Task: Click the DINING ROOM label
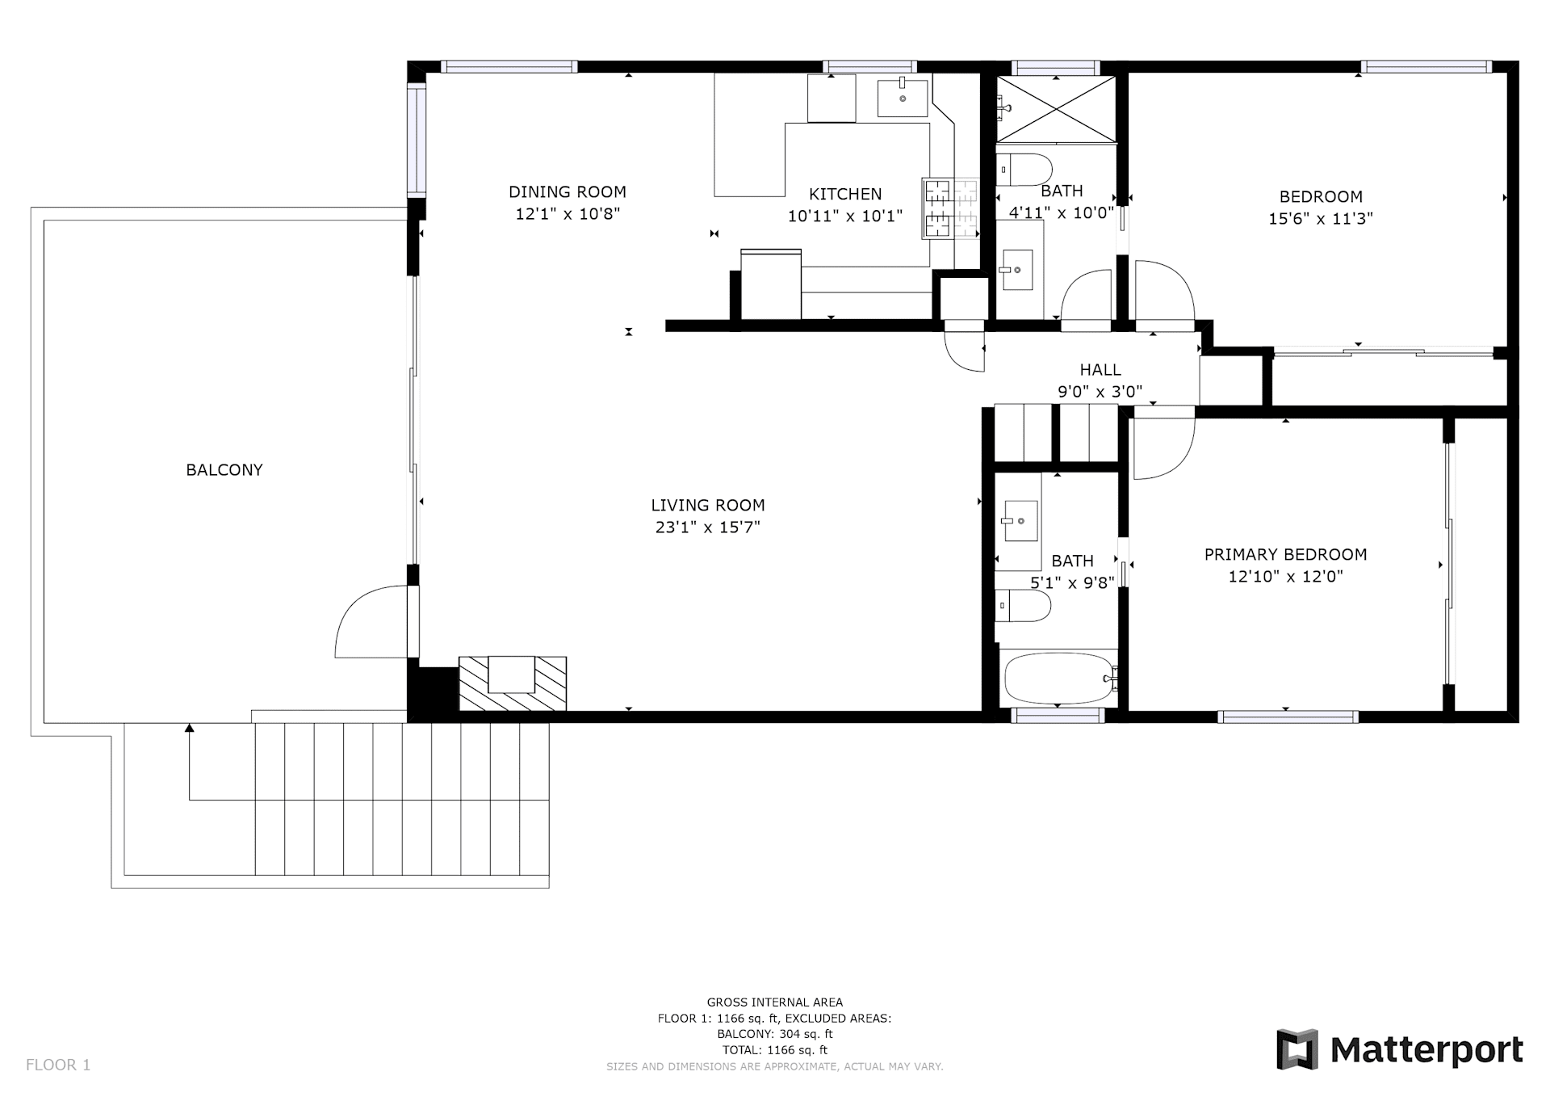coord(568,192)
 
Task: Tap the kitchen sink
coord(903,98)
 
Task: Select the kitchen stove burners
coord(950,209)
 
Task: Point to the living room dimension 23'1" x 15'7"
coord(708,527)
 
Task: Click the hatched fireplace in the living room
coord(513,683)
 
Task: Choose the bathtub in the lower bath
coord(1058,679)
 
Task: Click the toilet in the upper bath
coord(1024,170)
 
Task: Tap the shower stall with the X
coord(1056,109)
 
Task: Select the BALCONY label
coord(224,470)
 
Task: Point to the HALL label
coord(1100,370)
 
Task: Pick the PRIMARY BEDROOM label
coord(1285,555)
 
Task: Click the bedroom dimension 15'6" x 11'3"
coord(1321,219)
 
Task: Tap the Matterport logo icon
coord(1297,1049)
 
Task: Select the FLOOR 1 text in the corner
coord(58,1065)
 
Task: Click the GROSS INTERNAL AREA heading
coord(775,1002)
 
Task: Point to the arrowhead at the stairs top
coord(190,728)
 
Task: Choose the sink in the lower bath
coord(1020,521)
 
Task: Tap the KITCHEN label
coord(845,194)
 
